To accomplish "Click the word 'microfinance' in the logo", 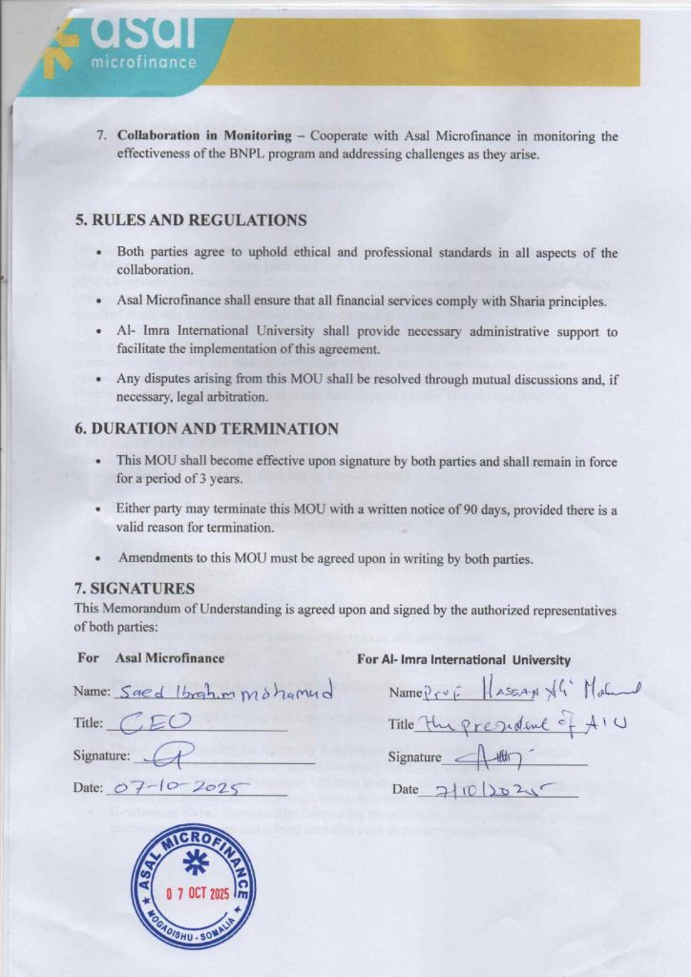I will pos(143,63).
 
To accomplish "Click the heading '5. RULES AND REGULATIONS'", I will pos(191,220).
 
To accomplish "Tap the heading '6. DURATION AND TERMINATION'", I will pos(206,429).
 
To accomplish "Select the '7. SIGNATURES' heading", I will pos(135,589).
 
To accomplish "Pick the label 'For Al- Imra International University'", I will pos(464,658).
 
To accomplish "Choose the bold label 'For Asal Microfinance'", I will pos(151,658).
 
